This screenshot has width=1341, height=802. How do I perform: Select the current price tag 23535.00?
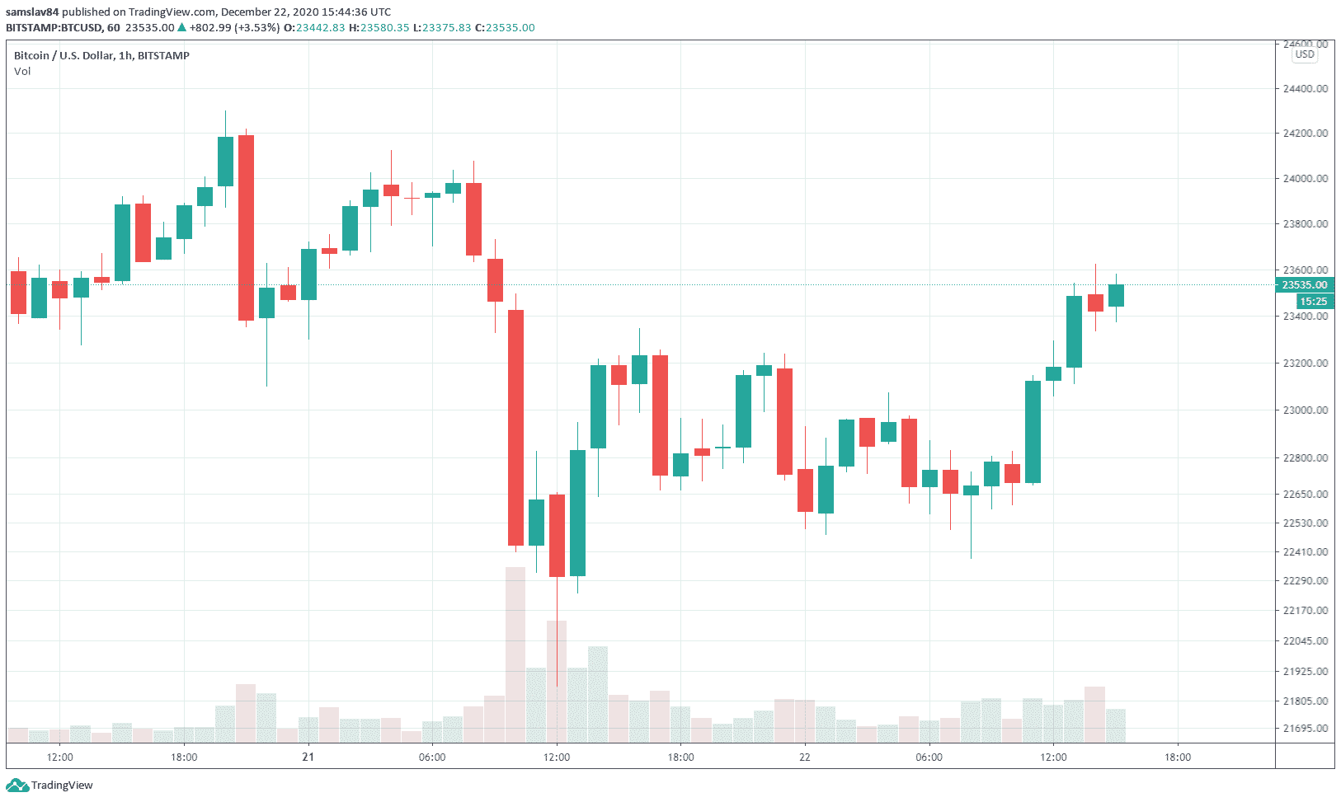(x=1304, y=285)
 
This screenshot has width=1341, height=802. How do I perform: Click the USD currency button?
(x=1305, y=54)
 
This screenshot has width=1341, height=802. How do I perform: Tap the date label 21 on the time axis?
(x=308, y=757)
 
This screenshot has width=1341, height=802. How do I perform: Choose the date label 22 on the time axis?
(x=804, y=757)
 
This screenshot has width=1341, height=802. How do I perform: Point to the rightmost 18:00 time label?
(x=1177, y=757)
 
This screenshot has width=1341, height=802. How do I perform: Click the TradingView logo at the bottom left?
(x=51, y=786)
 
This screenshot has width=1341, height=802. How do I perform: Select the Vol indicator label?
(x=22, y=71)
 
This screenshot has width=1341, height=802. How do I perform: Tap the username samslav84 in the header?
(x=32, y=12)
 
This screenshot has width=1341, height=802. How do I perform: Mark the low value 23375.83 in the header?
(x=446, y=27)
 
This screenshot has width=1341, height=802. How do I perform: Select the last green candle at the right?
(x=1116, y=295)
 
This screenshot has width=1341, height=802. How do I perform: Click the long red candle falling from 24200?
(x=246, y=227)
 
